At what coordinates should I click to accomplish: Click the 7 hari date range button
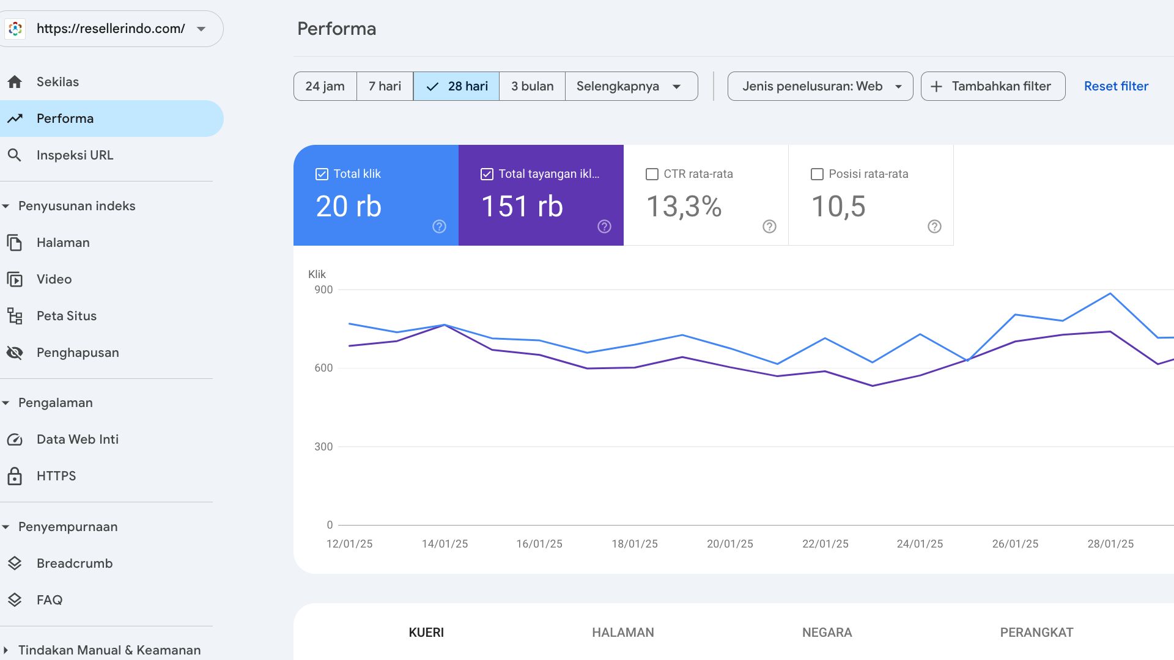pos(385,86)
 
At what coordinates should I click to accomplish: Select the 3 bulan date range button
pos(532,86)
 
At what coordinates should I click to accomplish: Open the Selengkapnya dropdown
pos(631,86)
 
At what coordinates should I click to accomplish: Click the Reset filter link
pos(1116,86)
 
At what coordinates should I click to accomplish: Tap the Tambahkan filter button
pos(993,86)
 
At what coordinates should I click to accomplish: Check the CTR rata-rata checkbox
pos(652,174)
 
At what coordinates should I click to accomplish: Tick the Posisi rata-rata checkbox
pos(817,174)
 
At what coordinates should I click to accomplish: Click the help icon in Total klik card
pos(439,227)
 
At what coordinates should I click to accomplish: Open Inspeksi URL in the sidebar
pos(75,155)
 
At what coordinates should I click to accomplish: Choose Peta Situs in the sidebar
pos(66,316)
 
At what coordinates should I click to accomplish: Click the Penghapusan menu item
pos(78,353)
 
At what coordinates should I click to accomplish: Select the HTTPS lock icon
pos(15,476)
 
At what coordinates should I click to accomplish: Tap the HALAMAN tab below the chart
pos(622,632)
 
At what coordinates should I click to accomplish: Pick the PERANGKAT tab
pos(1036,632)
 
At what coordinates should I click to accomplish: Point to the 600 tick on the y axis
pos(323,368)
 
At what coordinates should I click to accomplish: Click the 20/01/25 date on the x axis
pos(730,544)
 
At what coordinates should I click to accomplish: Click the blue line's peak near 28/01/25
pos(1110,294)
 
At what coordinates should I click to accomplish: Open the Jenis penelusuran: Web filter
pos(820,86)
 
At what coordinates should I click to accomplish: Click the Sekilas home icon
pos(15,82)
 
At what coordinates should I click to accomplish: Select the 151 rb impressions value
pos(522,207)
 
